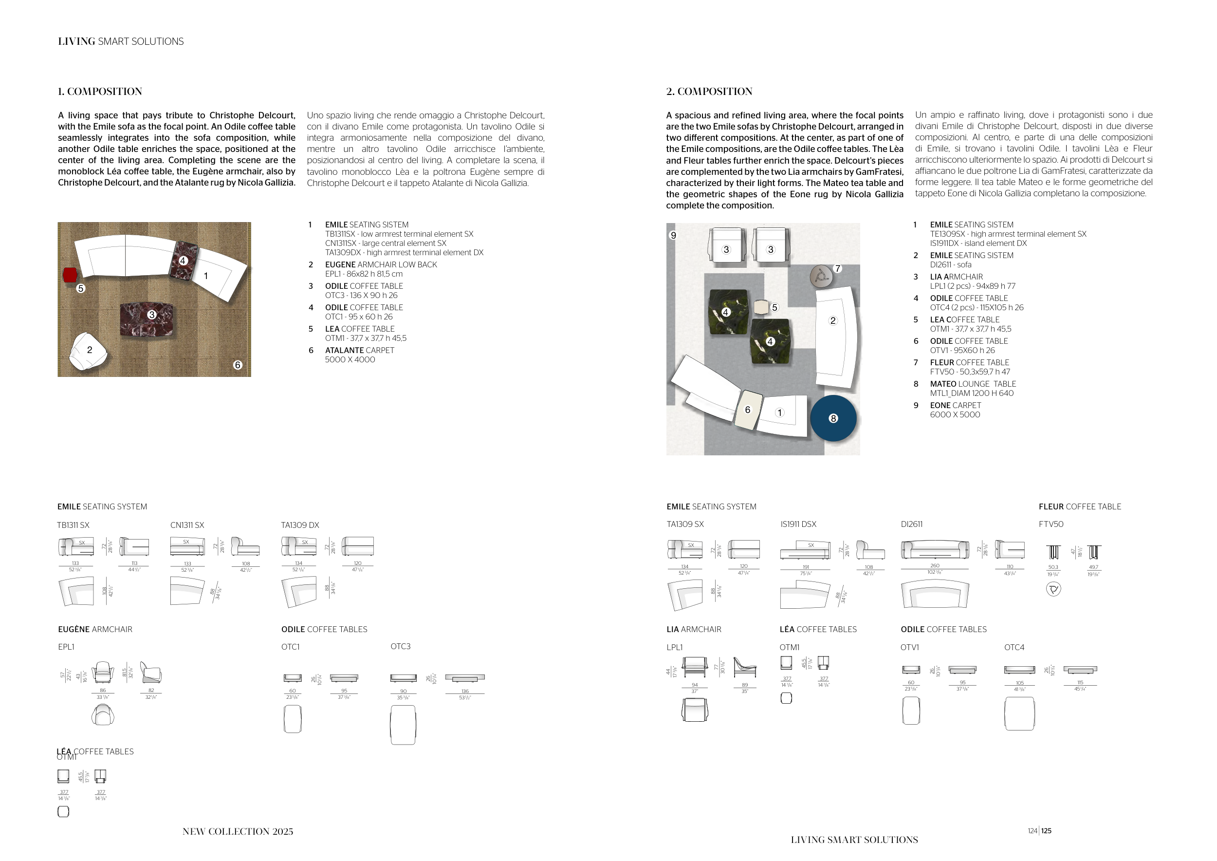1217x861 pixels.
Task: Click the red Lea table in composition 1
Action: click(70, 275)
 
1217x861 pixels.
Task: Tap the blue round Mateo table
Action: click(833, 418)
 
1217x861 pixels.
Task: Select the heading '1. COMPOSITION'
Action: click(100, 91)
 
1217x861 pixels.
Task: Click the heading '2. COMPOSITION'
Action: click(709, 91)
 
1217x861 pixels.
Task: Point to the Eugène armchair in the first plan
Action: click(89, 352)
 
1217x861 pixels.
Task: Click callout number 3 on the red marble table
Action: click(151, 315)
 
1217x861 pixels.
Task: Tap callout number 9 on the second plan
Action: click(673, 235)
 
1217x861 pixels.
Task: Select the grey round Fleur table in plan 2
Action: click(821, 276)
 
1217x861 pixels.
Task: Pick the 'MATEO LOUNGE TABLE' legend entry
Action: click(973, 384)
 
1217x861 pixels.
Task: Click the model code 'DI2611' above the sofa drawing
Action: click(912, 524)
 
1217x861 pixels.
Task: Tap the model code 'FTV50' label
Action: click(1051, 524)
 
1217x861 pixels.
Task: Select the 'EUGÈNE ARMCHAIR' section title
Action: click(95, 629)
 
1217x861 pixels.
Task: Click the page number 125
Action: click(1046, 831)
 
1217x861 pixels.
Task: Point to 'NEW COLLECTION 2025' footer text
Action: click(238, 831)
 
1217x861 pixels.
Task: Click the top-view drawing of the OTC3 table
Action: click(403, 725)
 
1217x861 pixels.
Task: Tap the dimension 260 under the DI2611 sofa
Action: click(935, 566)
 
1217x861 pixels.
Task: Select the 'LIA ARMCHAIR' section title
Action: click(693, 629)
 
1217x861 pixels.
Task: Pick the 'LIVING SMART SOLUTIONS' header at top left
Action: click(121, 41)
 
